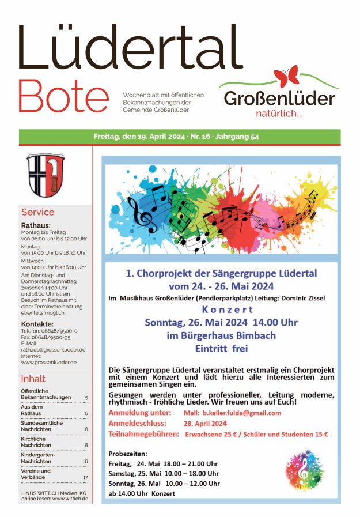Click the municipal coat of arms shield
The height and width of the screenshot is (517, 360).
pos(46,175)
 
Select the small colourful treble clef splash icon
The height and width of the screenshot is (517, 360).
pos(304,470)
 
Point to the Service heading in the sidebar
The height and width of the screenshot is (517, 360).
pos(38,212)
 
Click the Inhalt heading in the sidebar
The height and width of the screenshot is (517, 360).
pos(33,379)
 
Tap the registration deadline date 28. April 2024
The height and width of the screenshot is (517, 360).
pos(206,424)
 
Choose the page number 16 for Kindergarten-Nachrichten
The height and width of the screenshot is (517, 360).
pos(85,461)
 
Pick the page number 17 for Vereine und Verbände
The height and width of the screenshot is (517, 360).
pos(85,477)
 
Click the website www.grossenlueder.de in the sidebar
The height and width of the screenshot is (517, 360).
pos(49,362)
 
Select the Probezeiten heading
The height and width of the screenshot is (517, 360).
pos(128,454)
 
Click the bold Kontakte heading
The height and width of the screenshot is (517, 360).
pos(41,323)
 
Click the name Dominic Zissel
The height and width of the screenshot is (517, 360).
pos(304,298)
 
